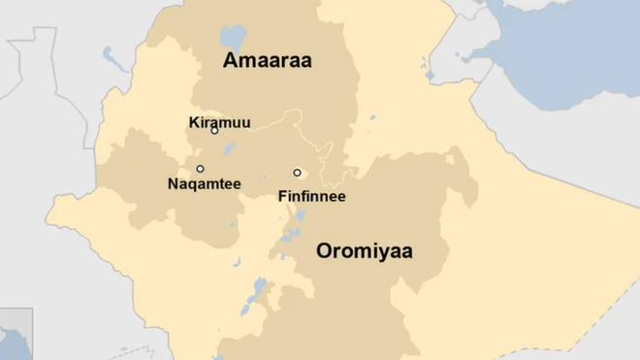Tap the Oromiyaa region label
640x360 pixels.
point(364,251)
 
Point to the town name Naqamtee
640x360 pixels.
point(204,183)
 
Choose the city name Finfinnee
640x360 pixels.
point(311,196)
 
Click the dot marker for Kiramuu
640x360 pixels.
point(214,130)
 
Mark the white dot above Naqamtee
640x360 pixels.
point(201,169)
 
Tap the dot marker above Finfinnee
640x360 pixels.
point(298,173)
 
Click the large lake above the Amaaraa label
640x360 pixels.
point(233,39)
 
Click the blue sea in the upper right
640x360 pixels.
point(572,39)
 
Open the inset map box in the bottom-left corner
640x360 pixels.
point(16,335)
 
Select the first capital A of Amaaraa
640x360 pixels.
point(231,60)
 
